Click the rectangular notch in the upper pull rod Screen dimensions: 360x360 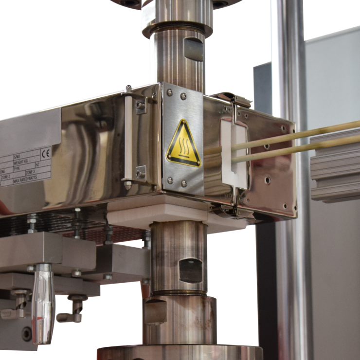(194, 49)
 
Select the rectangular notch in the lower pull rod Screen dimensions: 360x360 (190, 270)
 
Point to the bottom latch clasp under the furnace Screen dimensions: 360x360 (229, 208)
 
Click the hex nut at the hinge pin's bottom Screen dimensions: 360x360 (128, 185)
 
